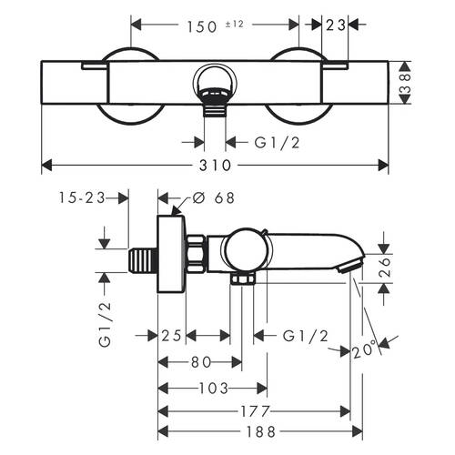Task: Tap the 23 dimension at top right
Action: coord(335,25)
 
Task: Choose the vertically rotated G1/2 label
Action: coord(106,326)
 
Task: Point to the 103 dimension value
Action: coord(213,387)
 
